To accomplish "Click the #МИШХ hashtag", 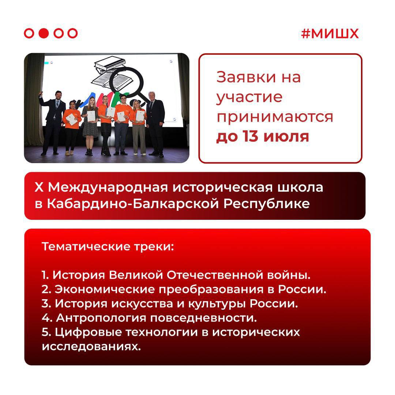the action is click(330, 34).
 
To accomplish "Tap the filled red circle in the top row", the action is click(44, 33).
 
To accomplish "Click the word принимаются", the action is click(275, 117).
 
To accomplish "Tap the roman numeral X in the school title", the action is click(39, 187).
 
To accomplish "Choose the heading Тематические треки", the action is click(108, 247).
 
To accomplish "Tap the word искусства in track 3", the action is click(142, 304).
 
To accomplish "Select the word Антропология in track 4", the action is click(101, 319).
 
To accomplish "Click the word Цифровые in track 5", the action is click(89, 332).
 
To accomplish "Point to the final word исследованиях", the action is click(91, 347).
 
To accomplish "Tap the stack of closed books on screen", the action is click(110, 64).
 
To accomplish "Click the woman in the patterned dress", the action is click(90, 126).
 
